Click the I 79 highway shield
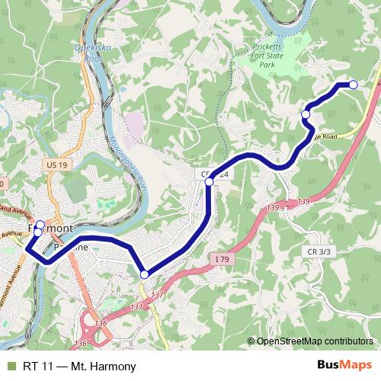pyautogui.click(x=221, y=260)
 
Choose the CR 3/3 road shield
pyautogui.click(x=319, y=251)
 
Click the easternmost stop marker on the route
pyautogui.click(x=353, y=85)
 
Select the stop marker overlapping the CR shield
pyautogui.click(x=210, y=181)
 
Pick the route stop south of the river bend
pyautogui.click(x=144, y=274)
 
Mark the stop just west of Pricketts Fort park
pyautogui.click(x=306, y=114)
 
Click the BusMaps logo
pyautogui.click(x=344, y=366)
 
